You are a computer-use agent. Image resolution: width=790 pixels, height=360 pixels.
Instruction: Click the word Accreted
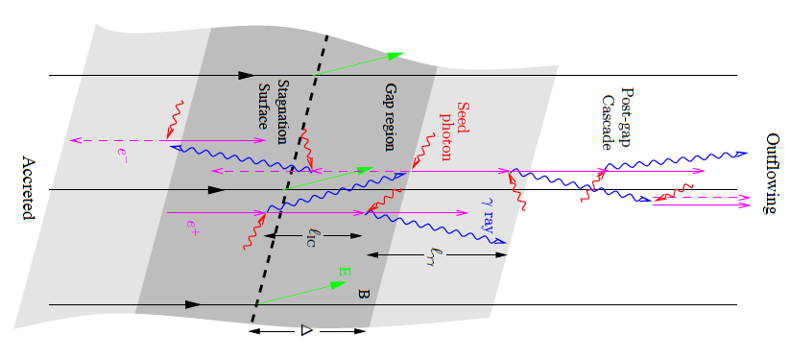(28, 189)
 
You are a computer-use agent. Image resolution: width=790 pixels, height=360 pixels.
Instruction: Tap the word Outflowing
(773, 174)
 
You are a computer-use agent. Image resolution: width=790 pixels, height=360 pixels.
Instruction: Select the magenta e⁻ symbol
(122, 152)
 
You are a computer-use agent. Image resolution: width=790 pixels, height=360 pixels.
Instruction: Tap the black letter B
(363, 295)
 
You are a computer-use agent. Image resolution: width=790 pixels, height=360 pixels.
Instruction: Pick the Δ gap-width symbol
(307, 330)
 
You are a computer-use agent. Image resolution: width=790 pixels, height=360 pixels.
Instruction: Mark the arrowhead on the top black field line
(248, 74)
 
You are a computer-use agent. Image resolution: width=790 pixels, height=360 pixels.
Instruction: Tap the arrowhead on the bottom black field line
(193, 304)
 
